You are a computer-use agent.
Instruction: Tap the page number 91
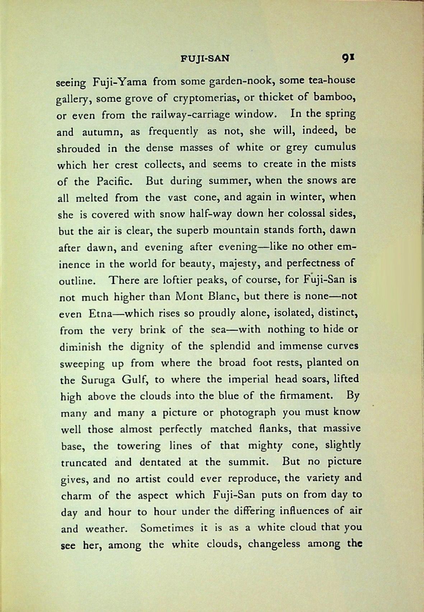348,57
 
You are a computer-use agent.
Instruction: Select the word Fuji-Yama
120,82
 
